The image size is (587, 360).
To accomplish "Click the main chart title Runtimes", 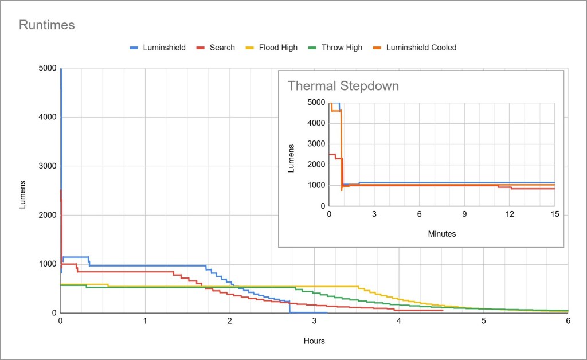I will (x=46, y=25).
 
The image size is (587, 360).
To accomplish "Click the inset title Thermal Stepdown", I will (x=343, y=86).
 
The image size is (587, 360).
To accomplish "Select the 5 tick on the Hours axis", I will (x=483, y=322).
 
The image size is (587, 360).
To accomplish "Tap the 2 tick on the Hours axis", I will (x=230, y=322).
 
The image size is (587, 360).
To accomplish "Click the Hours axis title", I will (x=314, y=341).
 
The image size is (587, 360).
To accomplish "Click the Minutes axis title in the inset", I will (x=441, y=234).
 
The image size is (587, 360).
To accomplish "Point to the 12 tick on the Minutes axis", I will (x=510, y=214).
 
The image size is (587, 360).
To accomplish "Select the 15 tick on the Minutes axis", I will (x=554, y=214).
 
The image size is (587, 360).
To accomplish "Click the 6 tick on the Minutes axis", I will (x=419, y=214).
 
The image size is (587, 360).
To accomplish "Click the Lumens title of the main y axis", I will (x=23, y=194).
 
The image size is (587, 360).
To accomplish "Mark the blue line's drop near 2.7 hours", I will (x=289, y=307).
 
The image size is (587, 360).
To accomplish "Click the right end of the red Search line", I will (x=443, y=310).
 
